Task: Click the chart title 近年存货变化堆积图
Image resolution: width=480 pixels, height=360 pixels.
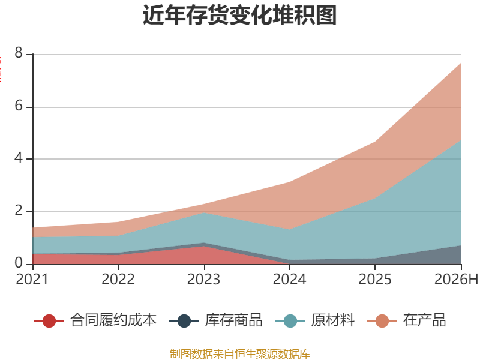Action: click(239, 15)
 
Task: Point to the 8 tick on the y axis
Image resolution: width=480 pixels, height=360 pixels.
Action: click(19, 53)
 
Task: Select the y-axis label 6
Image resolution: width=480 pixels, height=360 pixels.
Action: click(19, 106)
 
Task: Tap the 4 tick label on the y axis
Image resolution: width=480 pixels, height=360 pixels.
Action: click(19, 158)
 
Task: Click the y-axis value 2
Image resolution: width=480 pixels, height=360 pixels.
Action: click(19, 211)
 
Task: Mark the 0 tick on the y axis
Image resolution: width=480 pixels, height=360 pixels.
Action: click(19, 263)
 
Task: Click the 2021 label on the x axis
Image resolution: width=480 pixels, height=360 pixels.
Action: click(32, 279)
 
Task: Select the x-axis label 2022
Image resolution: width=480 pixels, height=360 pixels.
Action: click(118, 279)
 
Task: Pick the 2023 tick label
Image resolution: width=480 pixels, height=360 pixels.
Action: click(203, 279)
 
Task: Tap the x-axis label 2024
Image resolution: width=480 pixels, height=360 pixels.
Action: click(289, 279)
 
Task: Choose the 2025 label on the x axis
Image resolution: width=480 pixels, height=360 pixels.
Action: click(375, 279)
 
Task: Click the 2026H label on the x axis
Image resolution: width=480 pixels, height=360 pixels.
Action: click(456, 279)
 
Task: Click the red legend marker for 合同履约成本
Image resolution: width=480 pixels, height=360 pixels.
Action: click(49, 321)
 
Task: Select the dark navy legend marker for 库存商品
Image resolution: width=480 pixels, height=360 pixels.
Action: click(184, 321)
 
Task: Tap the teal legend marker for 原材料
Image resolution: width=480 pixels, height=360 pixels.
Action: click(290, 321)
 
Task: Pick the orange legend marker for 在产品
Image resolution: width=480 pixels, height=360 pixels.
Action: click(382, 321)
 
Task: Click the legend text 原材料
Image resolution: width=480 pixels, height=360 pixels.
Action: click(333, 320)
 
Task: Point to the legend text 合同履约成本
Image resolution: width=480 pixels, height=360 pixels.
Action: click(113, 320)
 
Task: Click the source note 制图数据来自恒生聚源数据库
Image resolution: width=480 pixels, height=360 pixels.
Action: click(240, 353)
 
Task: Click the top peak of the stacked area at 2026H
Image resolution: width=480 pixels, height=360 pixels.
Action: click(461, 64)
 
